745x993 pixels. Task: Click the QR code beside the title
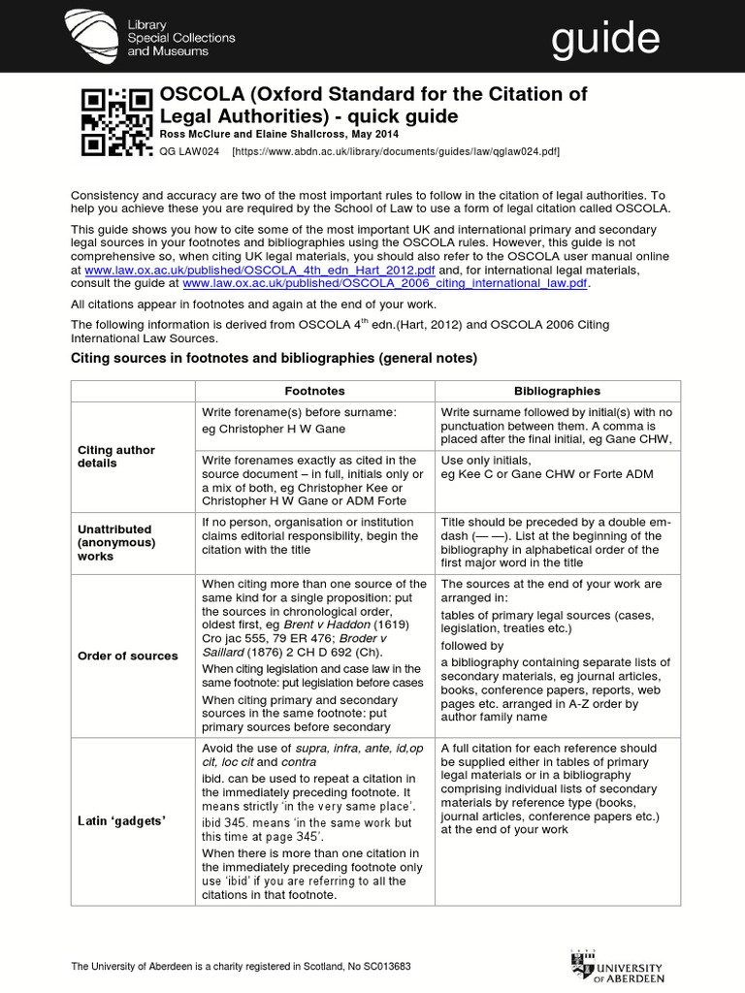click(x=116, y=121)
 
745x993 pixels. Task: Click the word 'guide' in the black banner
click(x=605, y=40)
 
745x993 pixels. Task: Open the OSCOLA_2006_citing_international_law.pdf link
click(x=385, y=284)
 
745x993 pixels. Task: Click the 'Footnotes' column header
click(x=314, y=391)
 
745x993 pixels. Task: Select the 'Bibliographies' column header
click(x=557, y=391)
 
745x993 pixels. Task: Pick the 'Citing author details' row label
click(x=116, y=457)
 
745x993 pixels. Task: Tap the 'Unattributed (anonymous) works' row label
click(x=115, y=543)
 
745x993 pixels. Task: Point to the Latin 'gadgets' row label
click(x=121, y=821)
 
